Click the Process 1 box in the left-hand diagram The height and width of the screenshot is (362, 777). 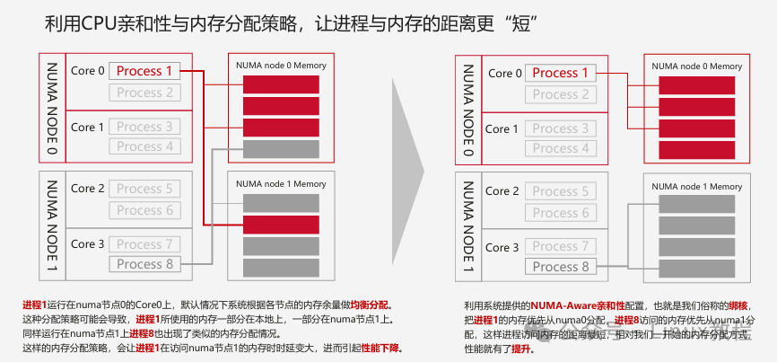144,71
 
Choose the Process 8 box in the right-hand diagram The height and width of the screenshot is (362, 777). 561,267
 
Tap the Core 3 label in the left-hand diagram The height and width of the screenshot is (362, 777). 88,243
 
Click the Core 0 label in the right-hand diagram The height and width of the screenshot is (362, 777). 502,73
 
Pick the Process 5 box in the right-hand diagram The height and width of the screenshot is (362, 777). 561,191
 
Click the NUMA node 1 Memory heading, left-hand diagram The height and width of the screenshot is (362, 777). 281,184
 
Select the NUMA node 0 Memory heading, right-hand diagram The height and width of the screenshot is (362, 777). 697,66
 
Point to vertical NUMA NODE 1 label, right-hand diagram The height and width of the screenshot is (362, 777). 467,227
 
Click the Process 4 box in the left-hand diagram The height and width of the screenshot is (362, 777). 144,146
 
